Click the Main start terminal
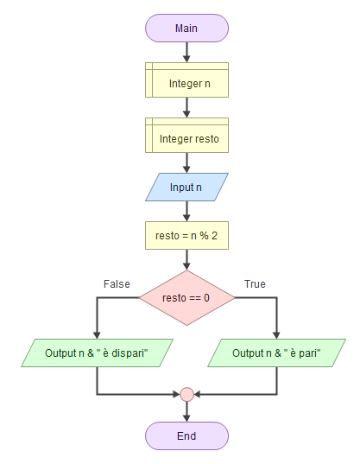pyautogui.click(x=186, y=29)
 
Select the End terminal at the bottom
pyautogui.click(x=186, y=435)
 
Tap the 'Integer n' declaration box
pyautogui.click(x=186, y=79)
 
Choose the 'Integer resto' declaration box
pyautogui.click(x=186, y=136)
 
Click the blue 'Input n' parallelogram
pyautogui.click(x=186, y=187)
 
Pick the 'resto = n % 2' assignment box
pyautogui.click(x=186, y=236)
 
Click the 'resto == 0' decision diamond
pyautogui.click(x=186, y=298)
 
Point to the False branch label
pyautogui.click(x=117, y=284)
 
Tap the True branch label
pyautogui.click(x=255, y=284)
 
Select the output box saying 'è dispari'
pyautogui.click(x=97, y=353)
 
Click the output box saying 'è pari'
pyautogui.click(x=276, y=353)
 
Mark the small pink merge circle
pyautogui.click(x=186, y=395)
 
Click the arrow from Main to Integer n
pyautogui.click(x=186, y=53)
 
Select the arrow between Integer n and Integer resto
pyautogui.click(x=186, y=107)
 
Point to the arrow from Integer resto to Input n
pyautogui.click(x=186, y=163)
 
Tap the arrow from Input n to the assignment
pyautogui.click(x=186, y=212)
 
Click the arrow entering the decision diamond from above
pyautogui.click(x=186, y=260)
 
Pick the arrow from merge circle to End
pyautogui.click(x=186, y=411)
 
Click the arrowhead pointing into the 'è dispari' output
pyautogui.click(x=97, y=335)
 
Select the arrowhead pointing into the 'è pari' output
pyautogui.click(x=276, y=335)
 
